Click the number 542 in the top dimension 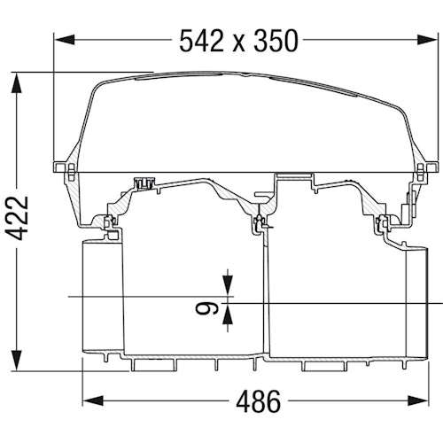201,41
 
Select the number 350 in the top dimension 276,41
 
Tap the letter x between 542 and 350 238,44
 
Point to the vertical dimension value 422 19,218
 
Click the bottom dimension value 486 258,401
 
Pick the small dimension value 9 206,309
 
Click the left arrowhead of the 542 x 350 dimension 64,39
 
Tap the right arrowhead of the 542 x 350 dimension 426,39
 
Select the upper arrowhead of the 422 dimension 17,82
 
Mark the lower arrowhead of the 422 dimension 17,361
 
